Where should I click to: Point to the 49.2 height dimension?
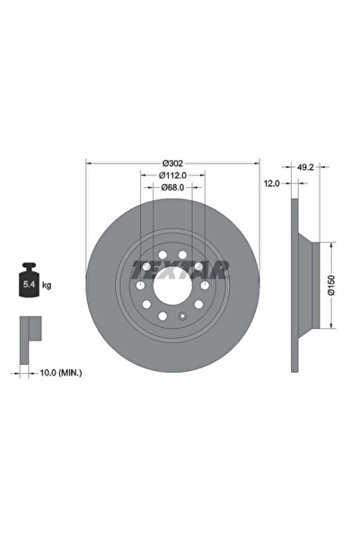click(x=305, y=166)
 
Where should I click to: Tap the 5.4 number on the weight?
click(x=29, y=285)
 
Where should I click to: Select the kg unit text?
click(x=47, y=285)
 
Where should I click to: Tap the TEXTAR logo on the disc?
click(x=180, y=268)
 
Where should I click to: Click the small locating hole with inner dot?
click(x=181, y=316)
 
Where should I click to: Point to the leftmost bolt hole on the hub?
click(x=139, y=286)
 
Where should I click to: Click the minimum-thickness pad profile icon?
click(x=28, y=330)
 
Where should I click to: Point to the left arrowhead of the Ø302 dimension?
click(x=87, y=163)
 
